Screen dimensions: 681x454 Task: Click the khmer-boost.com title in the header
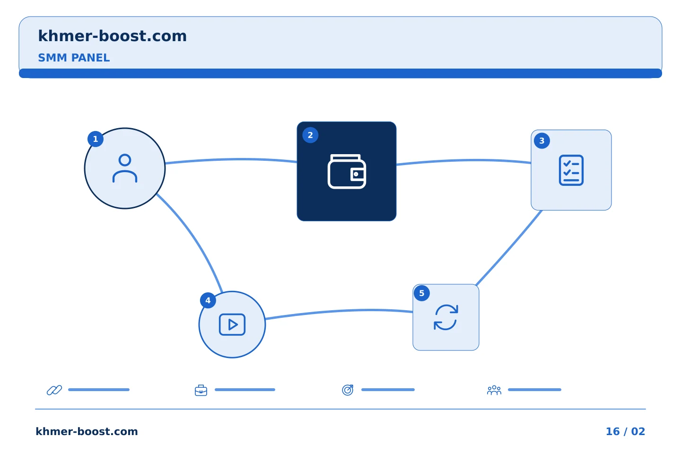[x=112, y=36]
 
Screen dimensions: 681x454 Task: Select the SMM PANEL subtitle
[x=74, y=58]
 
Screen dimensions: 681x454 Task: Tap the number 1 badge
[x=96, y=139]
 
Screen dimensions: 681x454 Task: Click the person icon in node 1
[x=125, y=168]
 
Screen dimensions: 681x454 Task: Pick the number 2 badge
[x=310, y=135]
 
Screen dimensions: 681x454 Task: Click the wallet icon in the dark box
[x=347, y=172]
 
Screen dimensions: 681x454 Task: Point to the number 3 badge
[x=542, y=141]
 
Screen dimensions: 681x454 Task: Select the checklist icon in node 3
[x=571, y=170]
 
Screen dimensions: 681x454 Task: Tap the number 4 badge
[x=208, y=300]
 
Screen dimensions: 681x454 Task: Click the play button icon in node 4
[x=232, y=324]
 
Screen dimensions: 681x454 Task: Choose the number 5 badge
[x=422, y=293]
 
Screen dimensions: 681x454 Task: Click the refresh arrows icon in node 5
[x=445, y=317]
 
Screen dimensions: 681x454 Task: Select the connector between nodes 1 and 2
[x=231, y=159]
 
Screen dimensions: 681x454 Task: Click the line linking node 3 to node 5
[x=509, y=248]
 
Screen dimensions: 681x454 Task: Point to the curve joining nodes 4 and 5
[x=339, y=311]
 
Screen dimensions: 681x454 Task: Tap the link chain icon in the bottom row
[x=54, y=390]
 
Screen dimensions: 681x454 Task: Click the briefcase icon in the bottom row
[x=201, y=390]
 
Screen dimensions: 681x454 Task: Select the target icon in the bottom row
[x=348, y=390]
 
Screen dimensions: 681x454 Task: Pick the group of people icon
[x=494, y=390]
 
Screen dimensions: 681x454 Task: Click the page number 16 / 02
[x=625, y=431]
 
